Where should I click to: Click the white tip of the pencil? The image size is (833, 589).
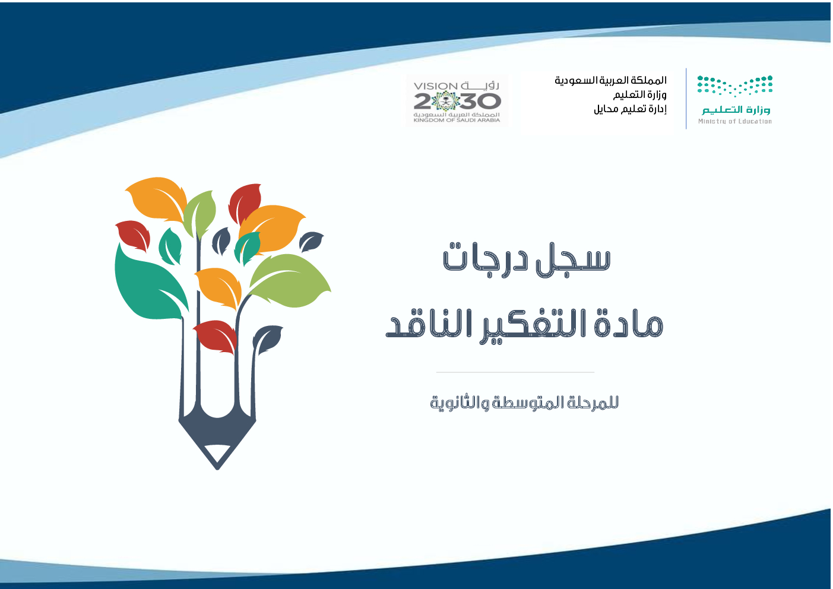click(x=217, y=455)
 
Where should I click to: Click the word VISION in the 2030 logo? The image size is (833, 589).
click(x=435, y=86)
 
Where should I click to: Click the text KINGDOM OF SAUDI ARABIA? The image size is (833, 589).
click(x=457, y=120)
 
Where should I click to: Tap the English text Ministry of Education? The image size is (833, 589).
click(x=735, y=121)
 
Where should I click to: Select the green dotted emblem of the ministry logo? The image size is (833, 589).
click(x=735, y=85)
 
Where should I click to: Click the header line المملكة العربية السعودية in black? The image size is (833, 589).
click(x=610, y=80)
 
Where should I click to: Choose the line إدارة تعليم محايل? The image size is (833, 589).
click(x=630, y=109)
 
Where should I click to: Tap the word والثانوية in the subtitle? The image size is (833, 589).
click(x=460, y=403)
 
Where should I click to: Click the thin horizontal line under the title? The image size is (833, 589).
click(x=515, y=372)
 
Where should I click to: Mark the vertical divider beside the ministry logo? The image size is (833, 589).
click(x=686, y=99)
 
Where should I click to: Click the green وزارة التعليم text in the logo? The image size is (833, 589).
click(x=736, y=110)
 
